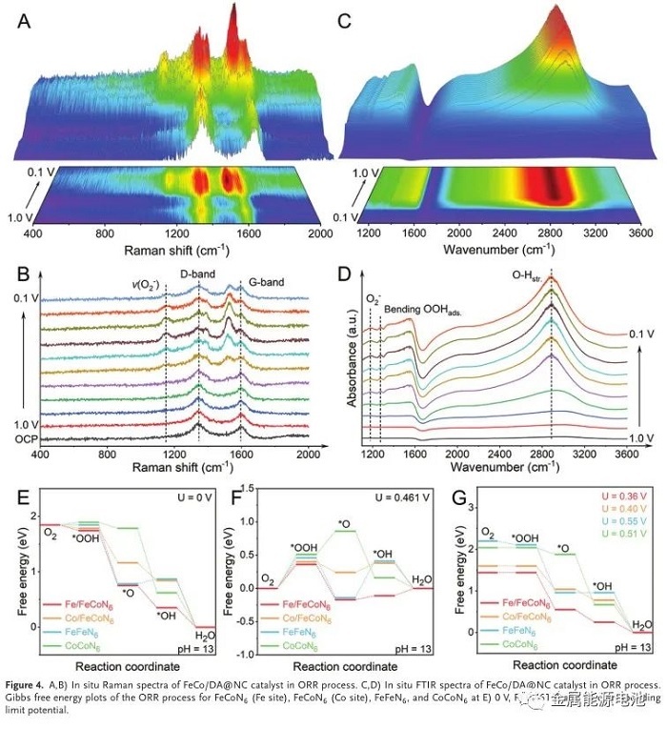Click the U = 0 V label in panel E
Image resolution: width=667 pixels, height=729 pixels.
click(x=192, y=498)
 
